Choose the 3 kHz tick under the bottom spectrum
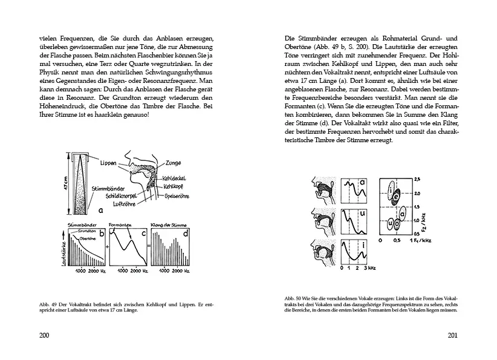(x=365, y=267)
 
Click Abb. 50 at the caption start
(x=293, y=299)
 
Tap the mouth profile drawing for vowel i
(x=320, y=252)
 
